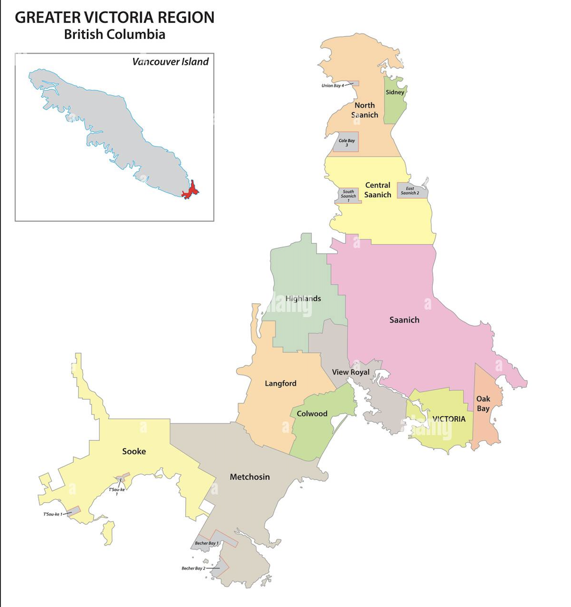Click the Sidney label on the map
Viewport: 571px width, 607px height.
395,92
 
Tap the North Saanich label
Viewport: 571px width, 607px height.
365,110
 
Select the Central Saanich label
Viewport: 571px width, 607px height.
377,190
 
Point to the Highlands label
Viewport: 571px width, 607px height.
303,299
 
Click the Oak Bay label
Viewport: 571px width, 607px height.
483,404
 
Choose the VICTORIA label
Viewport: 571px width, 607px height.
449,419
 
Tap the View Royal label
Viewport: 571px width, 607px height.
351,372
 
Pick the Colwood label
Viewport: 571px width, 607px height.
312,414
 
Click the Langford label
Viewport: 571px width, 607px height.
281,383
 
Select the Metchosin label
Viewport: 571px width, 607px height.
250,477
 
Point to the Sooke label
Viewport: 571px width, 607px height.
134,451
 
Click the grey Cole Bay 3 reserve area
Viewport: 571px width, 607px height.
347,142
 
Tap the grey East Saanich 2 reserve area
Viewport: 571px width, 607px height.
410,191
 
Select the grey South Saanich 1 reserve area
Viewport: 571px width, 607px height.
348,195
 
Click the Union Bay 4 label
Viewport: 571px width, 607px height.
333,86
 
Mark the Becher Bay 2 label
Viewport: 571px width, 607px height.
194,568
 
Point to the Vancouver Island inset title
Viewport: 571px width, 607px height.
170,62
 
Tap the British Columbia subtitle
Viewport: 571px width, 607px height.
114,34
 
